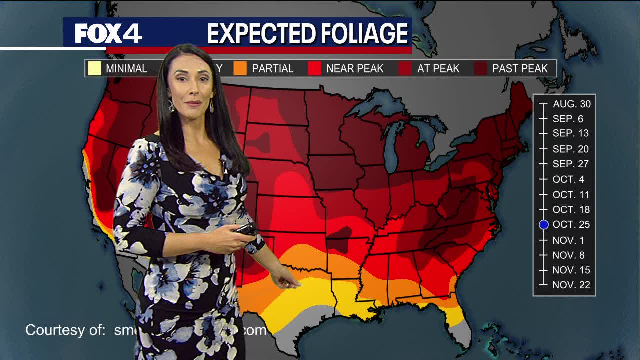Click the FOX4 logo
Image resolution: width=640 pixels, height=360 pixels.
pyautogui.click(x=108, y=34)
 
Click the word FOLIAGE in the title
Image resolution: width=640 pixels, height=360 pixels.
pyautogui.click(x=359, y=34)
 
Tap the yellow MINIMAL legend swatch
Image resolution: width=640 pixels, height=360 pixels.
pyautogui.click(x=94, y=68)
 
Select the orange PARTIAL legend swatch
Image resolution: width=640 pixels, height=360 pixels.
pyautogui.click(x=240, y=68)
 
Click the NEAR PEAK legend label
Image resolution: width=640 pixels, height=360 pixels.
pyautogui.click(x=354, y=69)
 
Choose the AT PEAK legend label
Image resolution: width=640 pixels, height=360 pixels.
pyautogui.click(x=438, y=69)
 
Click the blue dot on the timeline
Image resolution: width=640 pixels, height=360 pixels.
pyautogui.click(x=544, y=225)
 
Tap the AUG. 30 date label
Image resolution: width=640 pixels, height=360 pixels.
pyautogui.click(x=571, y=104)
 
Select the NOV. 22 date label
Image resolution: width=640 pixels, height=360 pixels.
pyautogui.click(x=571, y=285)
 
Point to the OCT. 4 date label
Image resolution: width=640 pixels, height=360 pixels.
pyautogui.click(x=568, y=179)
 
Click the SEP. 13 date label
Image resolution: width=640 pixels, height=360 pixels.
pyautogui.click(x=570, y=133)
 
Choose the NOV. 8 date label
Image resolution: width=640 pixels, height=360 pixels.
pyautogui.click(x=568, y=255)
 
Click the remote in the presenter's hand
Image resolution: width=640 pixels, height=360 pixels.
pyautogui.click(x=246, y=229)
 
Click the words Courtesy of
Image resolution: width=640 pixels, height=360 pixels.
pyautogui.click(x=65, y=330)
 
